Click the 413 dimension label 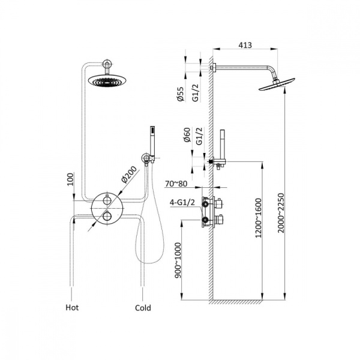click(x=245, y=45)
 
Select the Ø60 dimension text click(x=187, y=135)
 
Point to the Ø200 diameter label click(x=129, y=175)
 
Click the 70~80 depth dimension click(x=176, y=184)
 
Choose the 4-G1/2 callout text click(x=182, y=202)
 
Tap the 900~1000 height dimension click(x=178, y=260)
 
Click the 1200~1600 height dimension click(x=259, y=218)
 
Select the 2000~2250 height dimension click(x=281, y=213)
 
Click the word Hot click(x=72, y=307)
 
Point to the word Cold click(x=143, y=308)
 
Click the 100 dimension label click(x=71, y=179)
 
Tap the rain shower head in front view click(x=107, y=81)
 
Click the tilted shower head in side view click(x=277, y=84)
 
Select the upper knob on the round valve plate click(x=107, y=200)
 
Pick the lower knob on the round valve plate click(x=107, y=216)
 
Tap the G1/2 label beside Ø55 click(x=196, y=92)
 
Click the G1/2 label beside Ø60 click(x=200, y=136)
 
